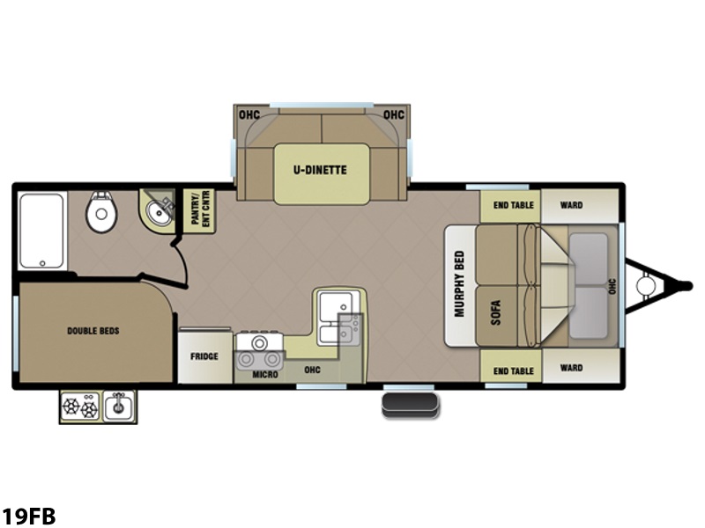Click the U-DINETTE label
coord(320,170)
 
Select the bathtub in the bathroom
coord(41,231)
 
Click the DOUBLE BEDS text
coord(93,331)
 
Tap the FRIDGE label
coord(204,356)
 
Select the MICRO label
coord(265,375)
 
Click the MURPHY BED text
coord(459,283)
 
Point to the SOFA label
coord(495,312)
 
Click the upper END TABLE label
coord(513,205)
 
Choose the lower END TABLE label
coord(513,370)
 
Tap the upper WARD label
coord(571,205)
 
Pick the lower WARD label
coord(571,368)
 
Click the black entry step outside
coord(410,406)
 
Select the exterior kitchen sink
coord(119,406)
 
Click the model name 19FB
coord(28,516)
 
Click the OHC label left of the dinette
coord(249,115)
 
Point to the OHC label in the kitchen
coord(312,370)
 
